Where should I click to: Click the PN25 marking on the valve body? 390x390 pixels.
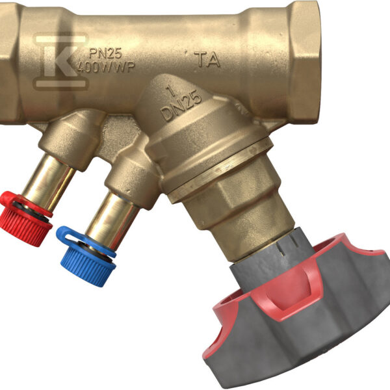click(105, 54)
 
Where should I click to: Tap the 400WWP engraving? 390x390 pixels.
click(106, 67)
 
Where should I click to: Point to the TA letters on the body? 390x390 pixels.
click(207, 60)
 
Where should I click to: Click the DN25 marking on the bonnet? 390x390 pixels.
click(181, 105)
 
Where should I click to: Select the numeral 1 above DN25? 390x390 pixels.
click(171, 91)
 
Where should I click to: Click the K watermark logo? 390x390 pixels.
click(60, 61)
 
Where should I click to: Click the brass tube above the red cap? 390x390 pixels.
click(49, 182)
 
